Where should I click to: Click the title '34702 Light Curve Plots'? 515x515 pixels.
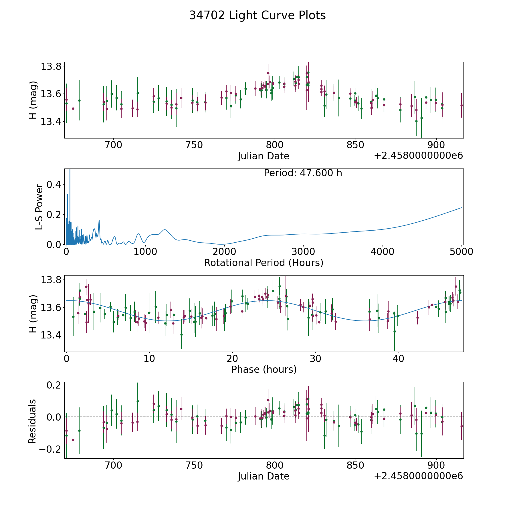coord(257,15)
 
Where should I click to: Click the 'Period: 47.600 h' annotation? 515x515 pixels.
coord(303,173)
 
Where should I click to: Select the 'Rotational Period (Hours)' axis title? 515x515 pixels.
coord(264,263)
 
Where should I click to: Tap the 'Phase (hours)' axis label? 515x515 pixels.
coord(264,369)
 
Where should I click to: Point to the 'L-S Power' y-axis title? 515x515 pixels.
coord(39,207)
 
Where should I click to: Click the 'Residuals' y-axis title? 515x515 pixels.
coord(32,421)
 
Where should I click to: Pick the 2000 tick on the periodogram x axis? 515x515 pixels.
coord(224,252)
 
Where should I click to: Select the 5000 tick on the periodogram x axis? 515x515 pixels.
coord(461,252)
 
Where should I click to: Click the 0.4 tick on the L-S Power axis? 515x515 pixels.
coord(54,185)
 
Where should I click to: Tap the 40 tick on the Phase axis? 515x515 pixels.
coord(398,358)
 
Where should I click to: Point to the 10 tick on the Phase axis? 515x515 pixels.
coord(149,358)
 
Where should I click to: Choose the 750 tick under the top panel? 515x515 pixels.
coord(194,145)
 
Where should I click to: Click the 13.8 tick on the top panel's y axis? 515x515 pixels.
coord(51,67)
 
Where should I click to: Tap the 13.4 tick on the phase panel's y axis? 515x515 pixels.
coord(51,335)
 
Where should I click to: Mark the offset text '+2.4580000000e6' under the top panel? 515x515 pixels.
coord(418,156)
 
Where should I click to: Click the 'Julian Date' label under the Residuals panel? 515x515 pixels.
coord(264,476)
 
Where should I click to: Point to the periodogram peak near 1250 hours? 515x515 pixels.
coord(165,230)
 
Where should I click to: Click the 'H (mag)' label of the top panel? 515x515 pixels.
coord(33,100)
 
